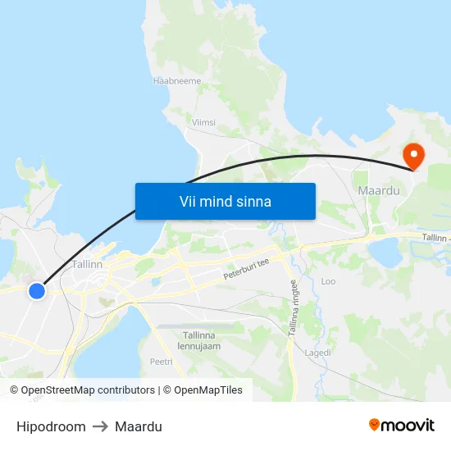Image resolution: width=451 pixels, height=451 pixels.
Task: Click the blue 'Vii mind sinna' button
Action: click(x=225, y=201)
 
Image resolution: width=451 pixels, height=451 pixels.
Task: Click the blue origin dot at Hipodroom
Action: click(x=36, y=290)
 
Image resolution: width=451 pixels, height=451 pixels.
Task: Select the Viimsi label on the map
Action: click(x=203, y=122)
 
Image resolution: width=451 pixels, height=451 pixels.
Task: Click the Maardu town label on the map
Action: click(x=378, y=191)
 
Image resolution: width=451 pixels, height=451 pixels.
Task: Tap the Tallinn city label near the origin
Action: click(x=87, y=265)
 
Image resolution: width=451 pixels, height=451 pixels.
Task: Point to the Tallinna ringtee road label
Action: click(x=295, y=303)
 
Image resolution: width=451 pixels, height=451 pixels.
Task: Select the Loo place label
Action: click(x=328, y=281)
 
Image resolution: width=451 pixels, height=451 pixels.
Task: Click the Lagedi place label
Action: click(x=317, y=353)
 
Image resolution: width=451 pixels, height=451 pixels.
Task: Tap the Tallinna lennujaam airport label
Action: click(x=199, y=340)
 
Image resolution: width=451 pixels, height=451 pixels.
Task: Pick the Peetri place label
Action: click(x=161, y=362)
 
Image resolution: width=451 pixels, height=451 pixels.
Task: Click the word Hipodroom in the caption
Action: click(x=51, y=426)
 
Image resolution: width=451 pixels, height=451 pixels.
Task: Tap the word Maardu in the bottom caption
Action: click(x=139, y=426)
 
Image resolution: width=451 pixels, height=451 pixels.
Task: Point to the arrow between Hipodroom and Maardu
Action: click(x=100, y=426)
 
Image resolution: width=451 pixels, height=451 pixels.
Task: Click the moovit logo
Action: click(x=401, y=425)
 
